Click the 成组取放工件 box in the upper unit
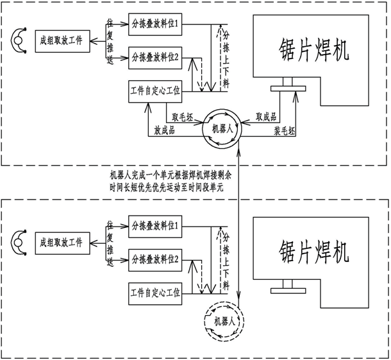coord(62,42)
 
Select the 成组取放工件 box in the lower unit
coord(62,243)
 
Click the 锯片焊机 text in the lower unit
coord(313,252)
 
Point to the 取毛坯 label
coord(182,116)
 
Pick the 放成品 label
coord(164,130)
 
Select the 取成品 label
coord(266,117)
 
